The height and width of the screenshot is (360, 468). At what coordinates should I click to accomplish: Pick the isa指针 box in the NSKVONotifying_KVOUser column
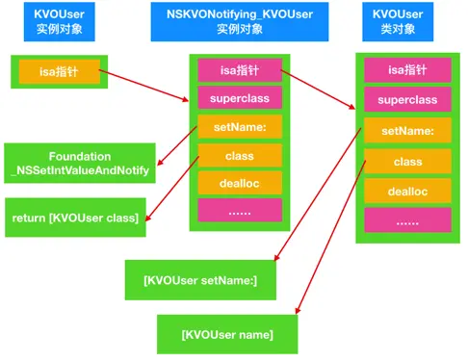click(x=240, y=69)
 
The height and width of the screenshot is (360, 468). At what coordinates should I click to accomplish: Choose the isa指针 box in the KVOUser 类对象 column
click(x=407, y=69)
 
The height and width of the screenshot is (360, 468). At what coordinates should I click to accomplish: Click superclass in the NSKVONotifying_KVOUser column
click(x=240, y=98)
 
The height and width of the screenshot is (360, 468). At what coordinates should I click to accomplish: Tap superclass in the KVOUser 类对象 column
click(x=407, y=100)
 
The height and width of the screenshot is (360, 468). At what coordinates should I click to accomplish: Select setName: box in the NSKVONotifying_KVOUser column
click(x=240, y=126)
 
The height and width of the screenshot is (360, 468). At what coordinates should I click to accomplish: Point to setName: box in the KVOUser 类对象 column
click(x=407, y=131)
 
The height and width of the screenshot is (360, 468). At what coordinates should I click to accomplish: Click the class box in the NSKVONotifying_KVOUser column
click(x=240, y=154)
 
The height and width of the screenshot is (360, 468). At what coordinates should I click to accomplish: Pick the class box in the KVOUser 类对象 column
click(x=407, y=162)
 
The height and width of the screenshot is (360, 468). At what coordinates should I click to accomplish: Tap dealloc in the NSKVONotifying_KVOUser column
click(x=240, y=182)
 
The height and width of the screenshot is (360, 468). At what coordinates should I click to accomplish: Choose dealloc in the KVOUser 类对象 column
click(x=407, y=192)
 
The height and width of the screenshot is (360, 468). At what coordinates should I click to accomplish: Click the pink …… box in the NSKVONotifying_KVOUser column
click(x=240, y=210)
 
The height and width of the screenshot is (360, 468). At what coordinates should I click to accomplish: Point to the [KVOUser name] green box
click(x=227, y=334)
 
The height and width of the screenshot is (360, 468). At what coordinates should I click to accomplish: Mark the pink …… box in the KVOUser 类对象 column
click(x=407, y=222)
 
